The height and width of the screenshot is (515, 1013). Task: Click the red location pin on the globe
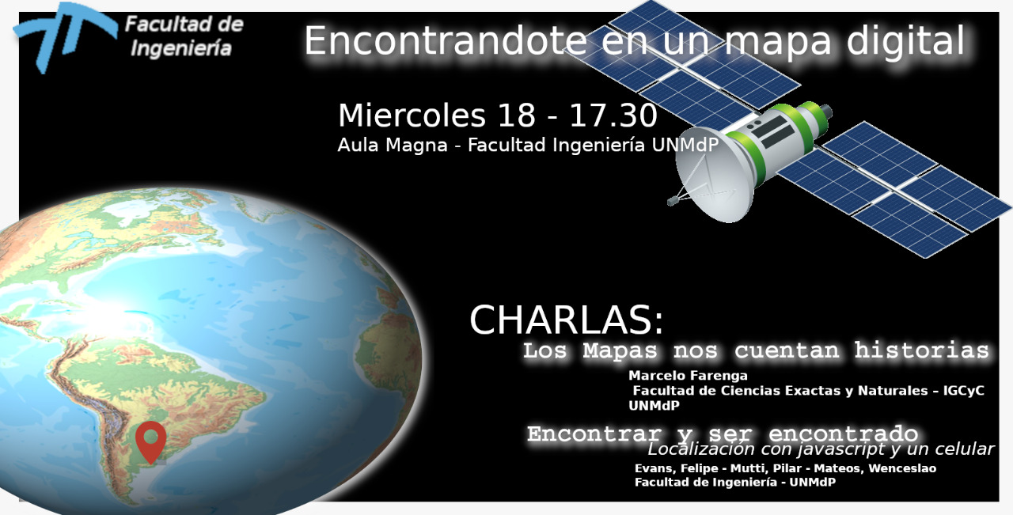[151, 441]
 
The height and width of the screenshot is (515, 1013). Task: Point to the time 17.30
[613, 115]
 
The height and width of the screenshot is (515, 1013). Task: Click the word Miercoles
[412, 115]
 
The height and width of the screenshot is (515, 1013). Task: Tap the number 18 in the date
[517, 115]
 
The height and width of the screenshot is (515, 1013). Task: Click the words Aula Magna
[393, 145]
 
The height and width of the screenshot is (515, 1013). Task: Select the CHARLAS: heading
[567, 320]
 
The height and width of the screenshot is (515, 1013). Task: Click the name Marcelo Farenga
[688, 375]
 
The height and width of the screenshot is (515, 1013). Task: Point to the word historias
[922, 350]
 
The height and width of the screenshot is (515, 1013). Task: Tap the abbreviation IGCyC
[964, 391]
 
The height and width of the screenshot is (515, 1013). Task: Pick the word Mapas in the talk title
[620, 351]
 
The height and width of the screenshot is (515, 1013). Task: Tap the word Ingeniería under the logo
[181, 49]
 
